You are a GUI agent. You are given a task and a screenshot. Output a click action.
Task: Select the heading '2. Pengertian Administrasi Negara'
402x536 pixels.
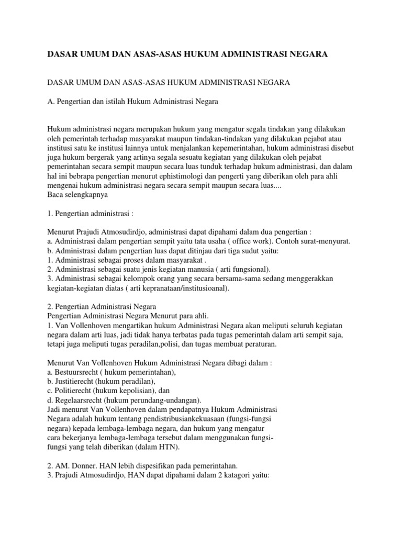105,306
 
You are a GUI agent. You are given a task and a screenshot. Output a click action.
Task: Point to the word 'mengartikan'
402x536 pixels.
132,325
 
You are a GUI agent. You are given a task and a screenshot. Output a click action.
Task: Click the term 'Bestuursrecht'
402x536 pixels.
80,372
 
